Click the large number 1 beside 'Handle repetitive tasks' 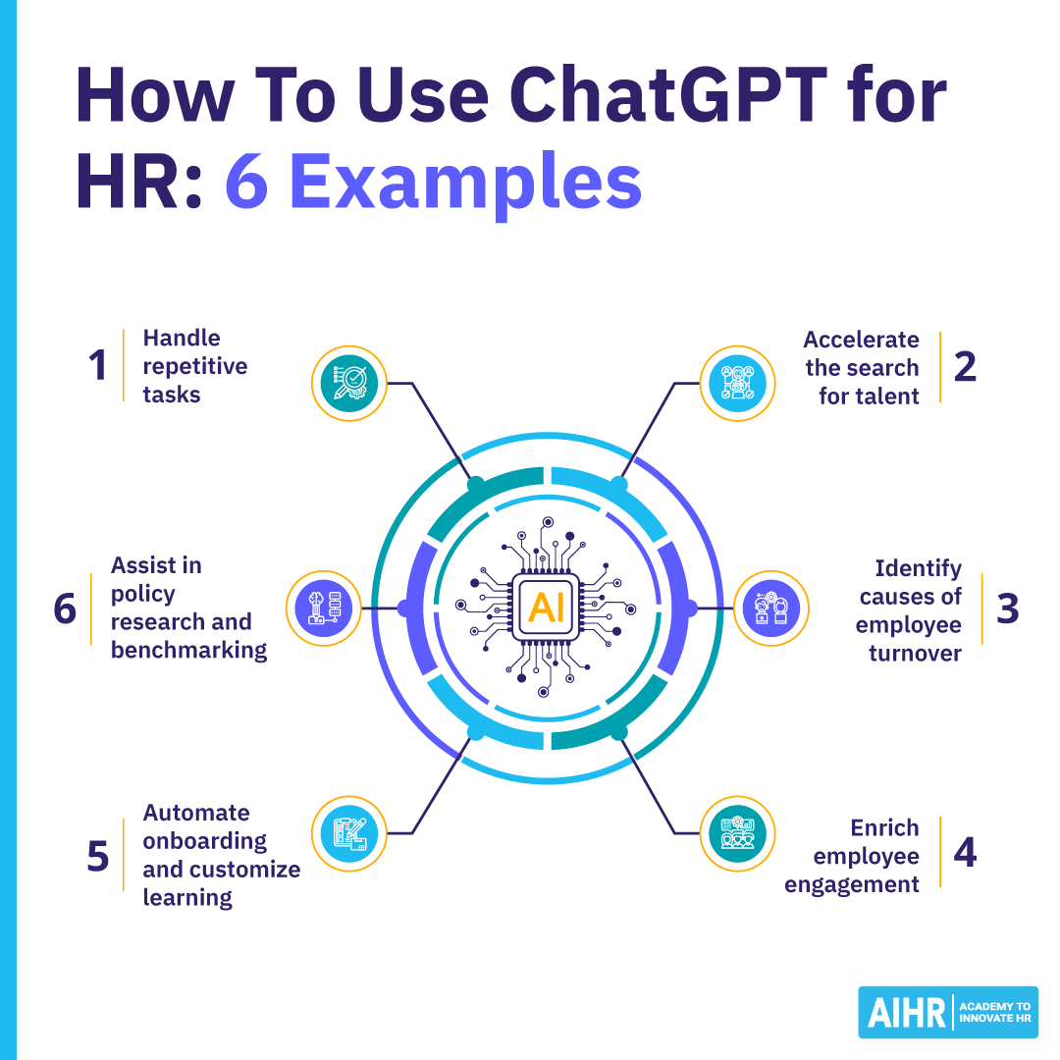click(x=96, y=366)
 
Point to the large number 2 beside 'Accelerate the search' click(x=965, y=366)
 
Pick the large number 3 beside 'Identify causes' click(x=1007, y=609)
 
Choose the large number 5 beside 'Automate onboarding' click(x=97, y=855)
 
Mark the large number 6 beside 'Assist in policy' click(x=65, y=609)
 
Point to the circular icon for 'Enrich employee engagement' click(x=737, y=834)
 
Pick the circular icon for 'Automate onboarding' click(x=348, y=834)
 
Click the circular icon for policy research click(x=323, y=609)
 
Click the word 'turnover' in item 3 click(x=914, y=653)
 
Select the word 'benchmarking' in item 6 click(x=188, y=650)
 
